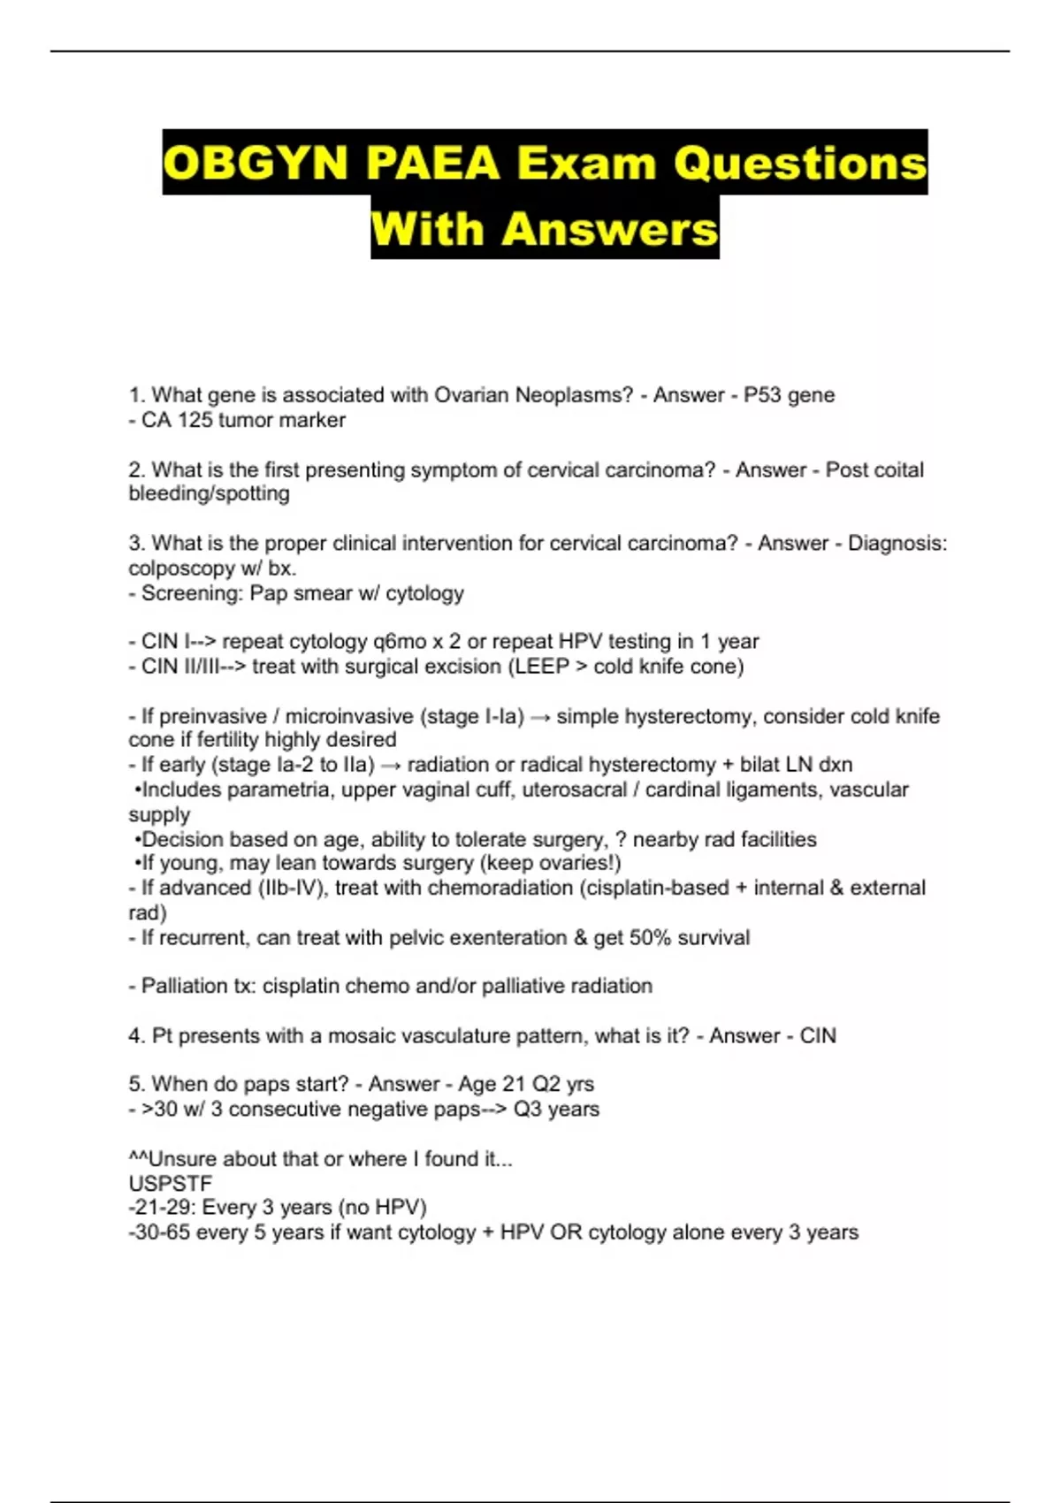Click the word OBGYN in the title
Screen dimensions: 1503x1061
click(x=256, y=164)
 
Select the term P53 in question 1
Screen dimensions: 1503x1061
click(x=762, y=395)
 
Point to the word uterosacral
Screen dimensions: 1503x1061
click(x=574, y=790)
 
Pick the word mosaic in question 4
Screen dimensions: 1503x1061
click(x=360, y=1035)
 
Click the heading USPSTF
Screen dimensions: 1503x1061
click(x=171, y=1183)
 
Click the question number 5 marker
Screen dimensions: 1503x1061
click(x=136, y=1084)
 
